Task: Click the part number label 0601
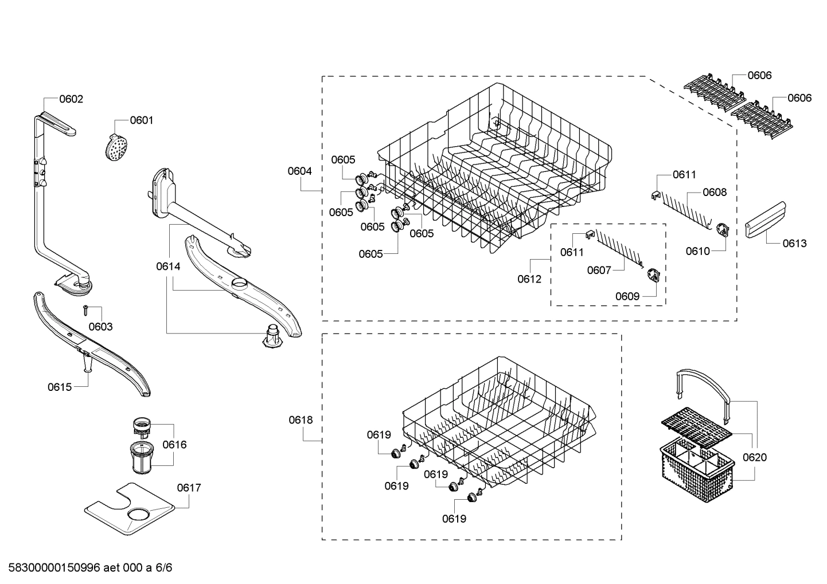(141, 120)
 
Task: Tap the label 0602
(71, 99)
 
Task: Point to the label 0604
(300, 171)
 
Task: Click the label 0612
(529, 279)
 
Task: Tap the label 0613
(794, 244)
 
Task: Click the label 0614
(167, 266)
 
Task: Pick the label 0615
(60, 387)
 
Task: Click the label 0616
(174, 445)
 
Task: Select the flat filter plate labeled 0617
(129, 507)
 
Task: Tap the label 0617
(189, 488)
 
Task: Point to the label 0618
(301, 420)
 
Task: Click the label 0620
(754, 457)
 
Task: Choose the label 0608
(715, 193)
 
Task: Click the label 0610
(698, 251)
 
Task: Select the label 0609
(627, 296)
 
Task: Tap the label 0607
(599, 270)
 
